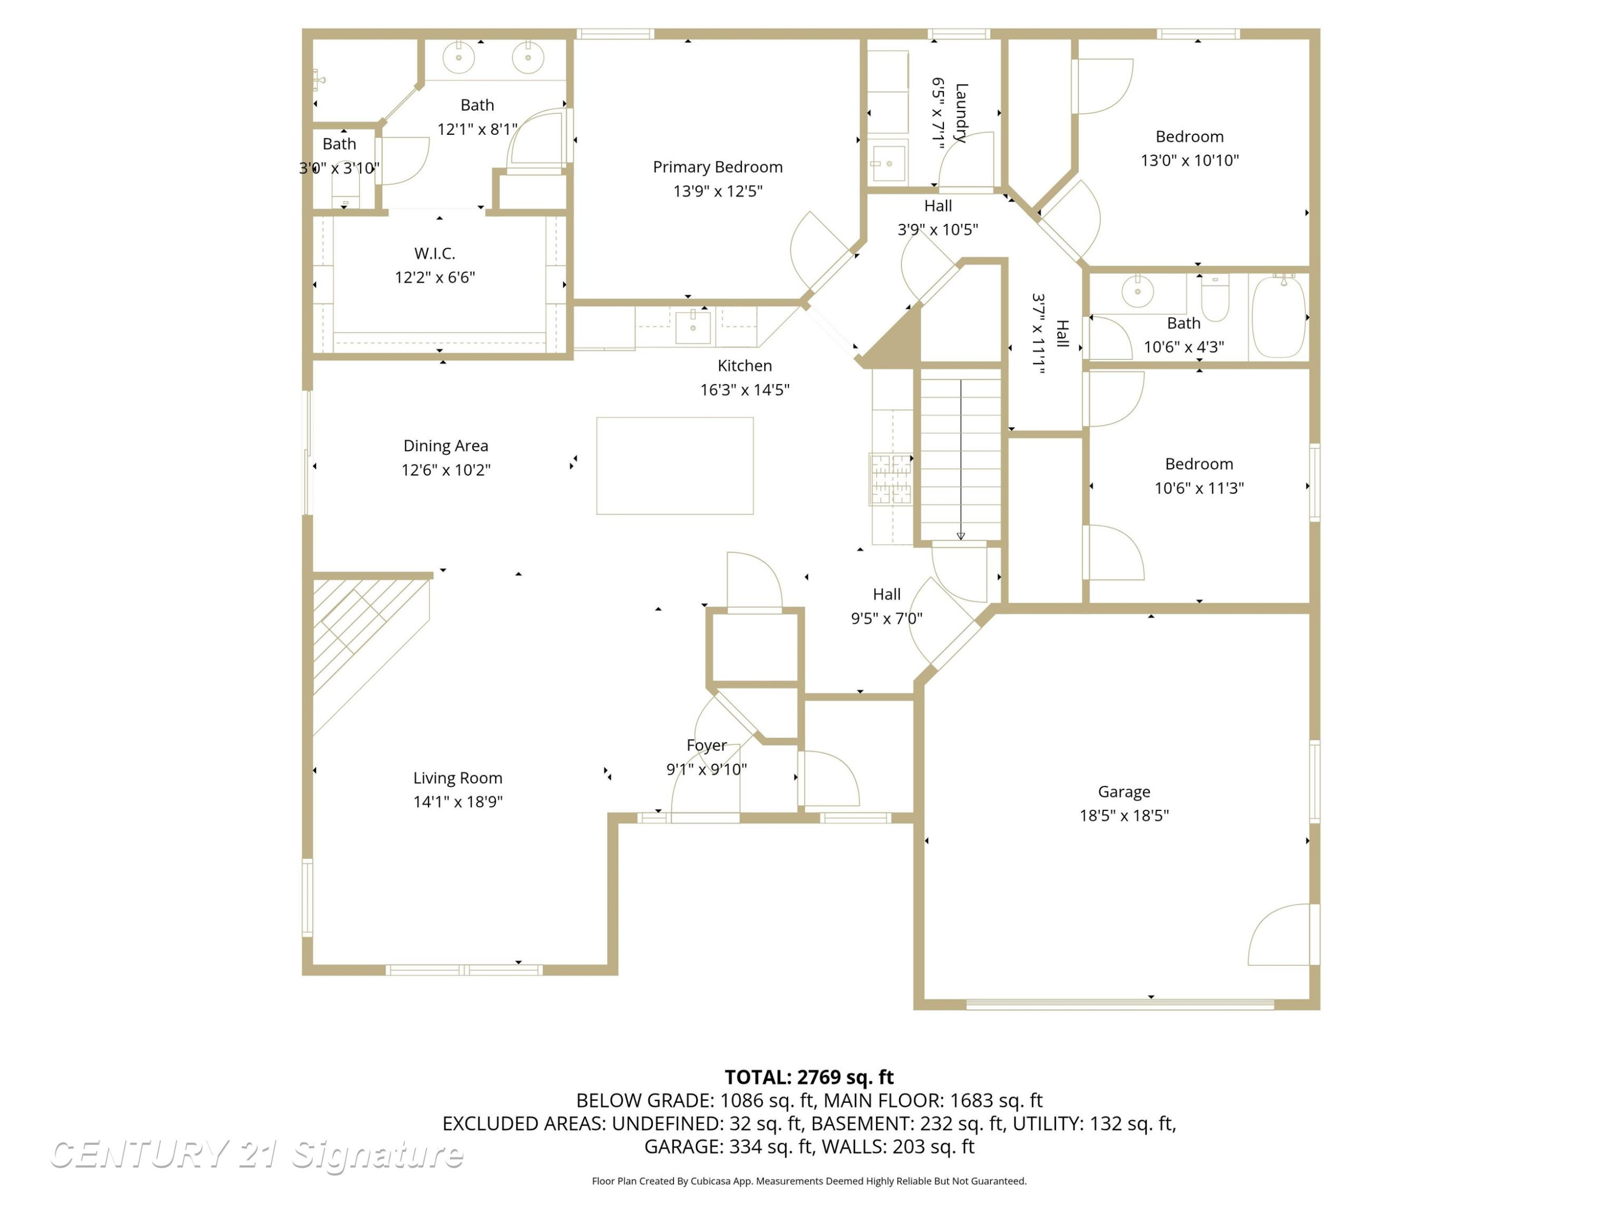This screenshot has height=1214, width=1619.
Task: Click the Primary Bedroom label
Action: (717, 167)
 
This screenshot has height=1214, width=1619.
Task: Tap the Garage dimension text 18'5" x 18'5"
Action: (1124, 815)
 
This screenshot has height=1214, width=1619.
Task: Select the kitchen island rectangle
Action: (675, 466)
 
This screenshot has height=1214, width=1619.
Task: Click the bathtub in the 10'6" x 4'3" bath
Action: (1278, 317)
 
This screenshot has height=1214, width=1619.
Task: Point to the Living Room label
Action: (458, 778)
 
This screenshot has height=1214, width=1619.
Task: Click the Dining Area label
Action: (446, 446)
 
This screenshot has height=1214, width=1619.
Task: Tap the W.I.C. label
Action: (435, 253)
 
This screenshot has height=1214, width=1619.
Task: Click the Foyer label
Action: (706, 745)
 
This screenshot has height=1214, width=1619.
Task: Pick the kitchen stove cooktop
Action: (891, 479)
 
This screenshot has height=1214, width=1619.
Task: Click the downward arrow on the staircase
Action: (961, 460)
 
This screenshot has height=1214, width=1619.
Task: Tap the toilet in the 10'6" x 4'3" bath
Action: (1215, 298)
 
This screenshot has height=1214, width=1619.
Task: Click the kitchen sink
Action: (692, 326)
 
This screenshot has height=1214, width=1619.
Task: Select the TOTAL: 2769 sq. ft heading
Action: (809, 1077)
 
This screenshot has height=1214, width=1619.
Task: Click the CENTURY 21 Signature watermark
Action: (256, 1154)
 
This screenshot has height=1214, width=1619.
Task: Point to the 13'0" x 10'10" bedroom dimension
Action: (1189, 160)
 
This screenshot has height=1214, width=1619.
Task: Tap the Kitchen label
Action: (744, 365)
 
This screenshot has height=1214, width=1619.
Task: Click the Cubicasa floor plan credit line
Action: (809, 1181)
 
